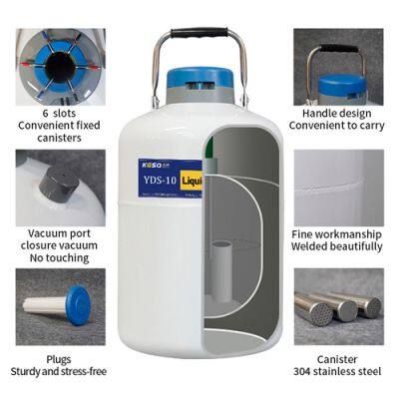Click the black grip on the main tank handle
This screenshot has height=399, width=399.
pos(199,33)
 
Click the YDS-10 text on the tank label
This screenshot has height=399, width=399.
pos(160,181)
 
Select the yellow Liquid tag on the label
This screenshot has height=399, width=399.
pos(192,181)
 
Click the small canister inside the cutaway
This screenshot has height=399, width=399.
pos(221,271)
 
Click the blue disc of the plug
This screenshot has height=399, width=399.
pos(79,305)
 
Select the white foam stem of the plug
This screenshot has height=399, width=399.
pos(45,305)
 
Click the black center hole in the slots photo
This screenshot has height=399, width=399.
pos(60,68)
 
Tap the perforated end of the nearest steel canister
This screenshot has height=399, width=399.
pos(319,313)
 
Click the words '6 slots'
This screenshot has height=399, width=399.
pos(59,114)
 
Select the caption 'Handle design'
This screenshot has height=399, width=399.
pos(337,114)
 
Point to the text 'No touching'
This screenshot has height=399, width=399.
pos(59,257)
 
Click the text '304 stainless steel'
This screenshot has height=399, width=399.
pos(337,371)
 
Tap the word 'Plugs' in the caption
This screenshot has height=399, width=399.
pos(59,360)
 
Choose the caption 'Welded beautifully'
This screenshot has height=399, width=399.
pos(337,246)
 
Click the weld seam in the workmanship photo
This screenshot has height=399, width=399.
pos(339,188)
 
